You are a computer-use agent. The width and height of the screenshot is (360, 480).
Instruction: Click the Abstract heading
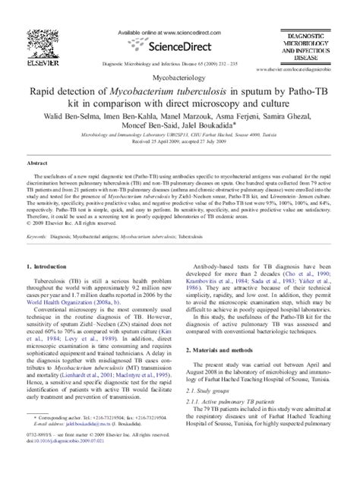[x=37, y=163]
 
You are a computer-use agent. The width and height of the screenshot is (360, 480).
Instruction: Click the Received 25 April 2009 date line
[x=179, y=142]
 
